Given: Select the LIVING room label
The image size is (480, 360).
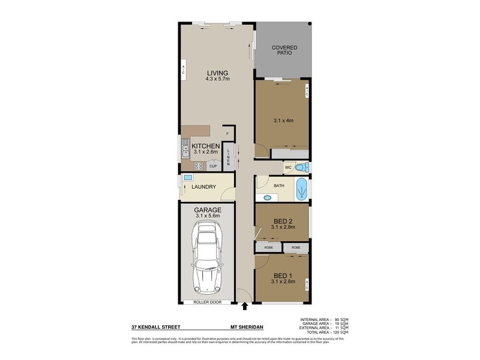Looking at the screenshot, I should [x=217, y=73].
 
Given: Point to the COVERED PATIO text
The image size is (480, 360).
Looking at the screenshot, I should [x=284, y=50].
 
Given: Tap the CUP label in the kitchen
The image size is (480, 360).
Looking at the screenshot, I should [x=213, y=166].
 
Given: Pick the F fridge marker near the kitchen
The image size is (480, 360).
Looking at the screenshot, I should [x=227, y=134].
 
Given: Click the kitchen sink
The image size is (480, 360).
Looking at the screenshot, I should [x=185, y=149].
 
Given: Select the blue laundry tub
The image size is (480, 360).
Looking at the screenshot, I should [x=187, y=178].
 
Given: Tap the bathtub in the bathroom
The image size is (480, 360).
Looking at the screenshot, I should [x=302, y=189].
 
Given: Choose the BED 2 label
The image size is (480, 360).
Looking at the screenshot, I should [x=282, y=221].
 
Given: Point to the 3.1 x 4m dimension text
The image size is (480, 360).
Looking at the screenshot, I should [x=282, y=121].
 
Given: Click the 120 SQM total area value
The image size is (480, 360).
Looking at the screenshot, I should [x=340, y=332].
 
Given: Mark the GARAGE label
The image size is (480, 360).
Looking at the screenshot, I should [x=208, y=210].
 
